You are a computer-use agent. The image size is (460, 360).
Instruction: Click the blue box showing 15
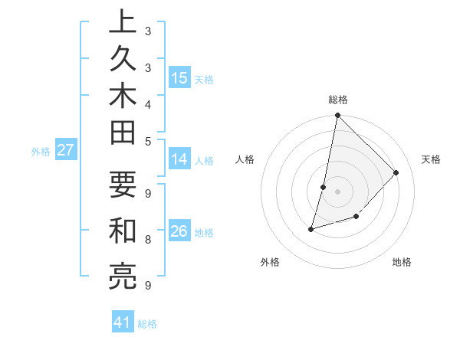click(179, 77)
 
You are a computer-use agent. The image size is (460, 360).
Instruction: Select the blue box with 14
click(179, 159)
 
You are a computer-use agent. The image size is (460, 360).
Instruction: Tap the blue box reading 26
click(179, 231)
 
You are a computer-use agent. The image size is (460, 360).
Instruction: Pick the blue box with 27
click(65, 150)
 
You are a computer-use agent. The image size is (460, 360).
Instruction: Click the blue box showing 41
click(123, 322)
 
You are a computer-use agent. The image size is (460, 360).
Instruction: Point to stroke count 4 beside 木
click(147, 104)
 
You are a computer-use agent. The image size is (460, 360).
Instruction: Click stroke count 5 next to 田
click(147, 141)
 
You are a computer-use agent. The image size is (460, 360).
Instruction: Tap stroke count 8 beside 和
click(147, 239)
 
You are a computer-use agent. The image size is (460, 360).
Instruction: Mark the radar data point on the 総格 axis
click(337, 116)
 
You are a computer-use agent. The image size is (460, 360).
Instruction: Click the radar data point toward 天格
click(396, 172)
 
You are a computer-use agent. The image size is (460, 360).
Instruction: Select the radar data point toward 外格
click(311, 228)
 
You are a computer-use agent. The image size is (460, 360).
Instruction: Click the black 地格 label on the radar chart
click(402, 262)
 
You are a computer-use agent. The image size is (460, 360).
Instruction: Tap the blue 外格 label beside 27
click(41, 152)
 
